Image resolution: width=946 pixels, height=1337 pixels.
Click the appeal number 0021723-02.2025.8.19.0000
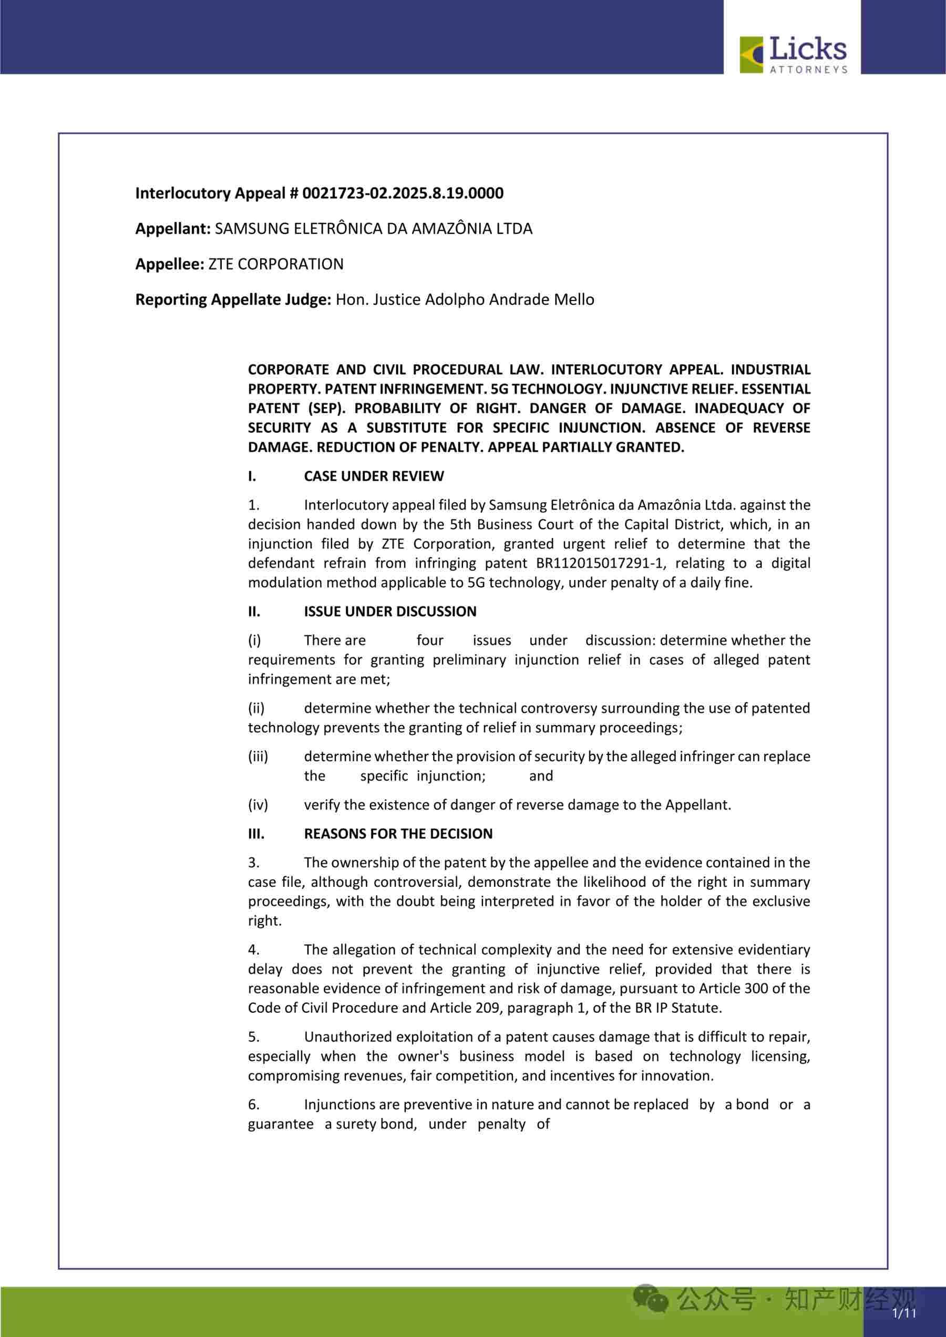click(403, 193)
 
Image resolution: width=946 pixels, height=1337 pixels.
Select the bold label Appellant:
click(173, 229)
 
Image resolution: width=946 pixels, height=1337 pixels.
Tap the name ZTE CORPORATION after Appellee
click(275, 264)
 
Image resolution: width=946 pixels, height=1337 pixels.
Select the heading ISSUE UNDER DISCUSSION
click(390, 612)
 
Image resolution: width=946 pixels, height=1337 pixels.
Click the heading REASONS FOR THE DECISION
click(398, 834)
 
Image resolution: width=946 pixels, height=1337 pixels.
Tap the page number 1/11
click(903, 1313)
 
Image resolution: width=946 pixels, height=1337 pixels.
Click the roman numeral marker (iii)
click(258, 756)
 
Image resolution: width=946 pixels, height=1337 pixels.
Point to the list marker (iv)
click(258, 805)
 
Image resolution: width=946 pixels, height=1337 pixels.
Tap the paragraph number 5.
click(253, 1037)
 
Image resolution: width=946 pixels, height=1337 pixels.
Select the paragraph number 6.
click(253, 1105)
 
